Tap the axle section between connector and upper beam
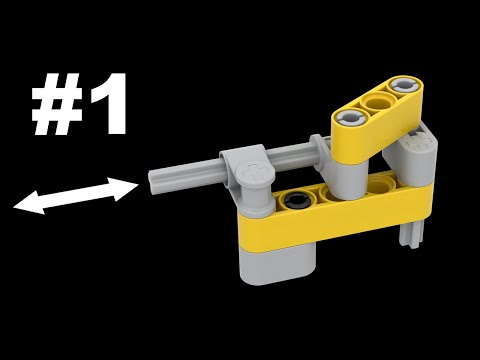click(x=295, y=156)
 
